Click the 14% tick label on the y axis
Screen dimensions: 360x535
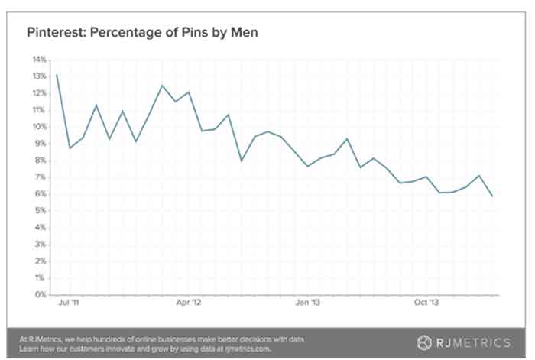[39, 59]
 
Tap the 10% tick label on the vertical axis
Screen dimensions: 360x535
[39, 126]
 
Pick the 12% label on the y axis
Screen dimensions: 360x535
[39, 92]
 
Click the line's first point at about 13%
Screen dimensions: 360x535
[57, 75]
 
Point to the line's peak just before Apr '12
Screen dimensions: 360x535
[161, 86]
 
